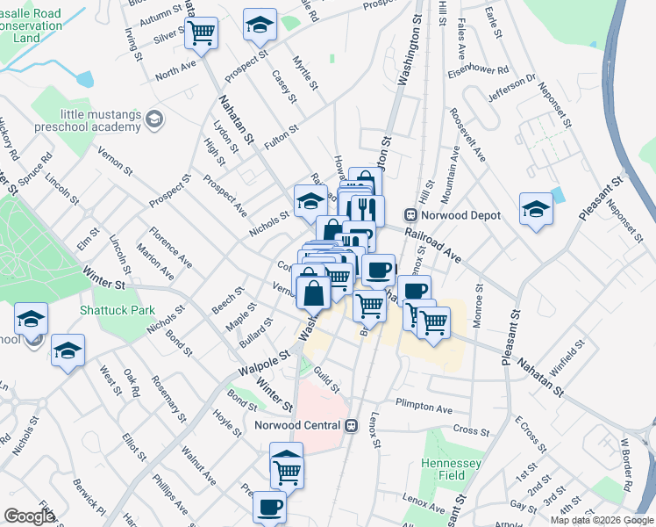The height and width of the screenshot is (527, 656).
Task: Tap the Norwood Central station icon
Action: pos(352,425)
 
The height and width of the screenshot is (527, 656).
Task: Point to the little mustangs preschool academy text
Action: pos(99,120)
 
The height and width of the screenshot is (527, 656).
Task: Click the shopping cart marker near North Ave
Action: pos(202,34)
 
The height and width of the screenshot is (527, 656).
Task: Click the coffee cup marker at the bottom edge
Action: pos(269,506)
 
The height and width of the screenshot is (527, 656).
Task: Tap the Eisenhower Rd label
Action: pos(479,70)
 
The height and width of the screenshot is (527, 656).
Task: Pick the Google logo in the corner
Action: pos(29,516)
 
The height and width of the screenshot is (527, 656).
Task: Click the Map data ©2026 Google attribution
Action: pos(602,520)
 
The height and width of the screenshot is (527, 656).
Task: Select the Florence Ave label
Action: pos(170,247)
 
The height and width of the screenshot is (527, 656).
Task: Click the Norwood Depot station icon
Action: pos(410,215)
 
